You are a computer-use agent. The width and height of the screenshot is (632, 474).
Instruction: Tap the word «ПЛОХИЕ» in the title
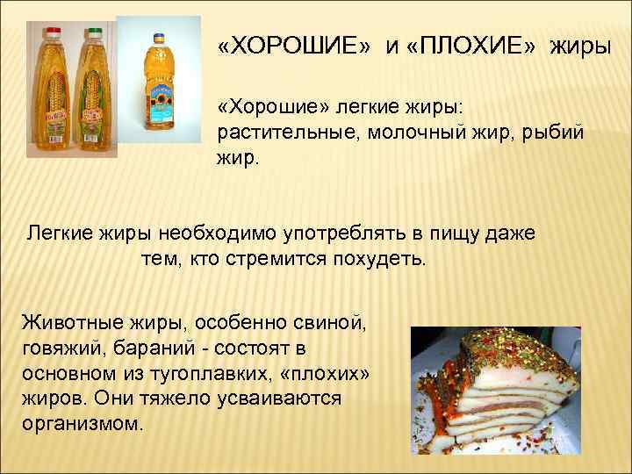coord(470,45)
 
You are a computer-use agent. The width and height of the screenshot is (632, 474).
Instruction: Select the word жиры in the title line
coord(579,45)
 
